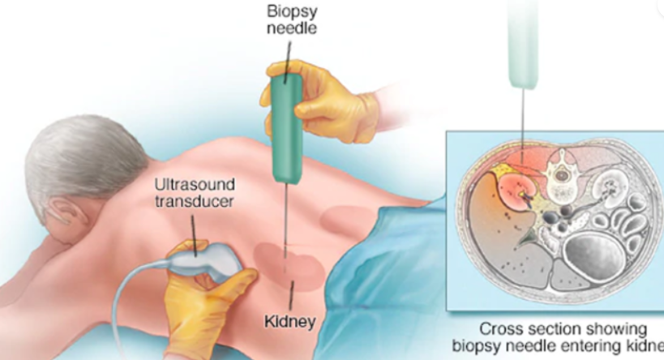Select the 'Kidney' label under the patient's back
pyautogui.click(x=289, y=322)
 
